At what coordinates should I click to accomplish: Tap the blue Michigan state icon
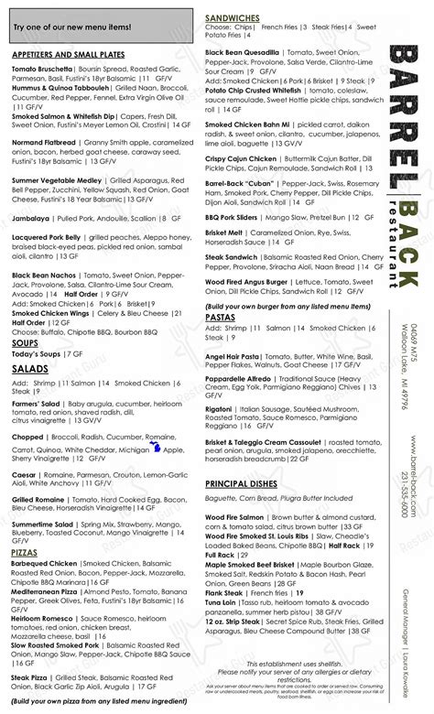point(153,449)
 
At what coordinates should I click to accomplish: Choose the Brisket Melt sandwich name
point(224,233)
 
